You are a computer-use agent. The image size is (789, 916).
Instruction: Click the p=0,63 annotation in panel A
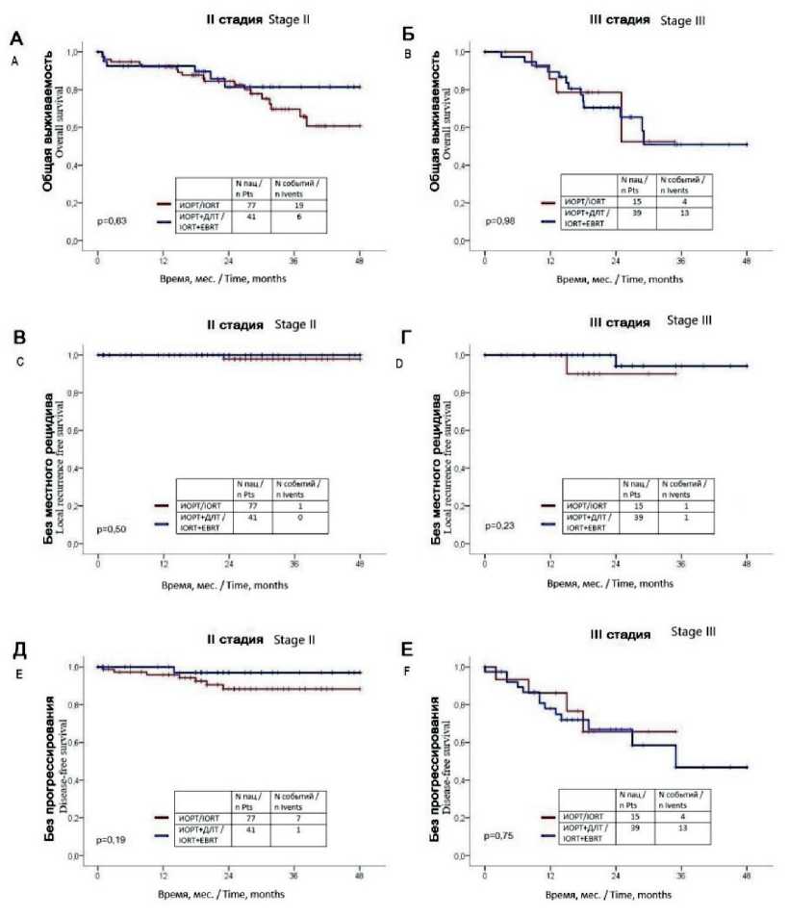pos(112,220)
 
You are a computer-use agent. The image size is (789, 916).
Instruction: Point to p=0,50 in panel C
pos(112,528)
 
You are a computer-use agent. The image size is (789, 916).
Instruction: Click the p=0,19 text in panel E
pos(112,839)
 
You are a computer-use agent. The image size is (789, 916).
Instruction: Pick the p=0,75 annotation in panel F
pos(499,836)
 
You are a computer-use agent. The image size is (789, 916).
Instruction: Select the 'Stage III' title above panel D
pos(688,318)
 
